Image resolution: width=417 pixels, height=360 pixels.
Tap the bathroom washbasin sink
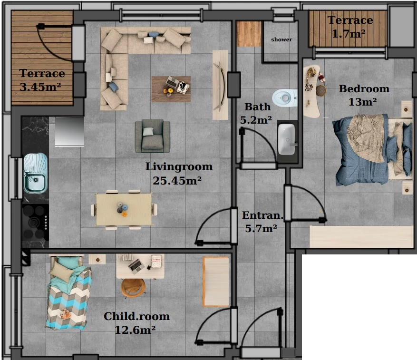tap(286, 139)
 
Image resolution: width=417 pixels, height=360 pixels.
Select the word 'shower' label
tap(281, 39)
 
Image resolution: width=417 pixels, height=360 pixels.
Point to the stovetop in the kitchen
tap(35, 222)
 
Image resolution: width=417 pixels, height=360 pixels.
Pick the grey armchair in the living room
tap(152, 136)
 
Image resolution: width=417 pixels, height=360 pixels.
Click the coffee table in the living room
tap(171, 89)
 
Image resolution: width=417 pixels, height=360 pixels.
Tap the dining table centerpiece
tap(122, 208)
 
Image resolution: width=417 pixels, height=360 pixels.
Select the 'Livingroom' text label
tap(179, 167)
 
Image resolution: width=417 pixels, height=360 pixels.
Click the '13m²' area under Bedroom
tap(362, 102)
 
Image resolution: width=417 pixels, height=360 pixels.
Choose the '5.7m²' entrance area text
tap(261, 228)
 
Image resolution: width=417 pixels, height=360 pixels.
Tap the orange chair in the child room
tap(133, 288)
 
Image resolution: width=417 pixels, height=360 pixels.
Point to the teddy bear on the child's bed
tap(65, 314)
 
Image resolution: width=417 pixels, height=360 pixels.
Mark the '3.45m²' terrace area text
tap(40, 87)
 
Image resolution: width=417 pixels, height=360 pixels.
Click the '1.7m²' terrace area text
tap(349, 33)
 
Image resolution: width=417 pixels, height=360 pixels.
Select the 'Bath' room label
tap(257, 107)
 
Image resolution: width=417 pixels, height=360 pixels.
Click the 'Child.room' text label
tap(136, 316)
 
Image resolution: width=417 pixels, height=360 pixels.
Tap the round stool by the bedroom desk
tap(321, 90)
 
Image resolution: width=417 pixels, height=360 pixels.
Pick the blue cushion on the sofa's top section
tap(154, 34)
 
